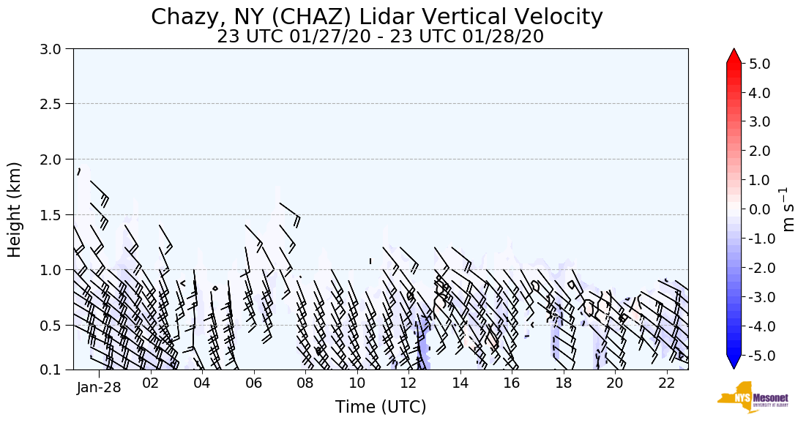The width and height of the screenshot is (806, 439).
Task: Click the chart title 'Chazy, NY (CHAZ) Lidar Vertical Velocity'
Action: pyautogui.click(x=377, y=17)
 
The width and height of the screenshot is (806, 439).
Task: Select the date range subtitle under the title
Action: pyautogui.click(x=380, y=37)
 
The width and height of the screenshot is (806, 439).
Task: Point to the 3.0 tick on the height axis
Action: pyautogui.click(x=56, y=49)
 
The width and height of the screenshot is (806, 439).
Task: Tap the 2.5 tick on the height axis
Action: pyautogui.click(x=56, y=104)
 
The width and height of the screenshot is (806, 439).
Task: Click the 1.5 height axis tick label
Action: pyautogui.click(x=56, y=214)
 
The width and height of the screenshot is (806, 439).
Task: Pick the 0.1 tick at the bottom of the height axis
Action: pyautogui.click(x=56, y=370)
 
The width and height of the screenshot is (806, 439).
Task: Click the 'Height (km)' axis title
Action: pyautogui.click(x=15, y=209)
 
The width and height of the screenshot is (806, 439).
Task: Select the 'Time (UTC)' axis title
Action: pyautogui.click(x=381, y=408)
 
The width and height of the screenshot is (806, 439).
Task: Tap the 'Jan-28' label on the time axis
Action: pyautogui.click(x=99, y=387)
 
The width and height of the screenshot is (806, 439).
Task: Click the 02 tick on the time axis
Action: pyautogui.click(x=151, y=383)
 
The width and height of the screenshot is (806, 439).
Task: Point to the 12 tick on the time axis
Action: pyautogui.click(x=408, y=383)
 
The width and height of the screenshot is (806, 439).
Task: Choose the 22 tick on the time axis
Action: pyautogui.click(x=666, y=383)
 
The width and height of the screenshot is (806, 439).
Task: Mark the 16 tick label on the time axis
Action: pyautogui.click(x=512, y=383)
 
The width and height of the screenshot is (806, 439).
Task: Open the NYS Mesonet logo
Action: pyautogui.click(x=753, y=397)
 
